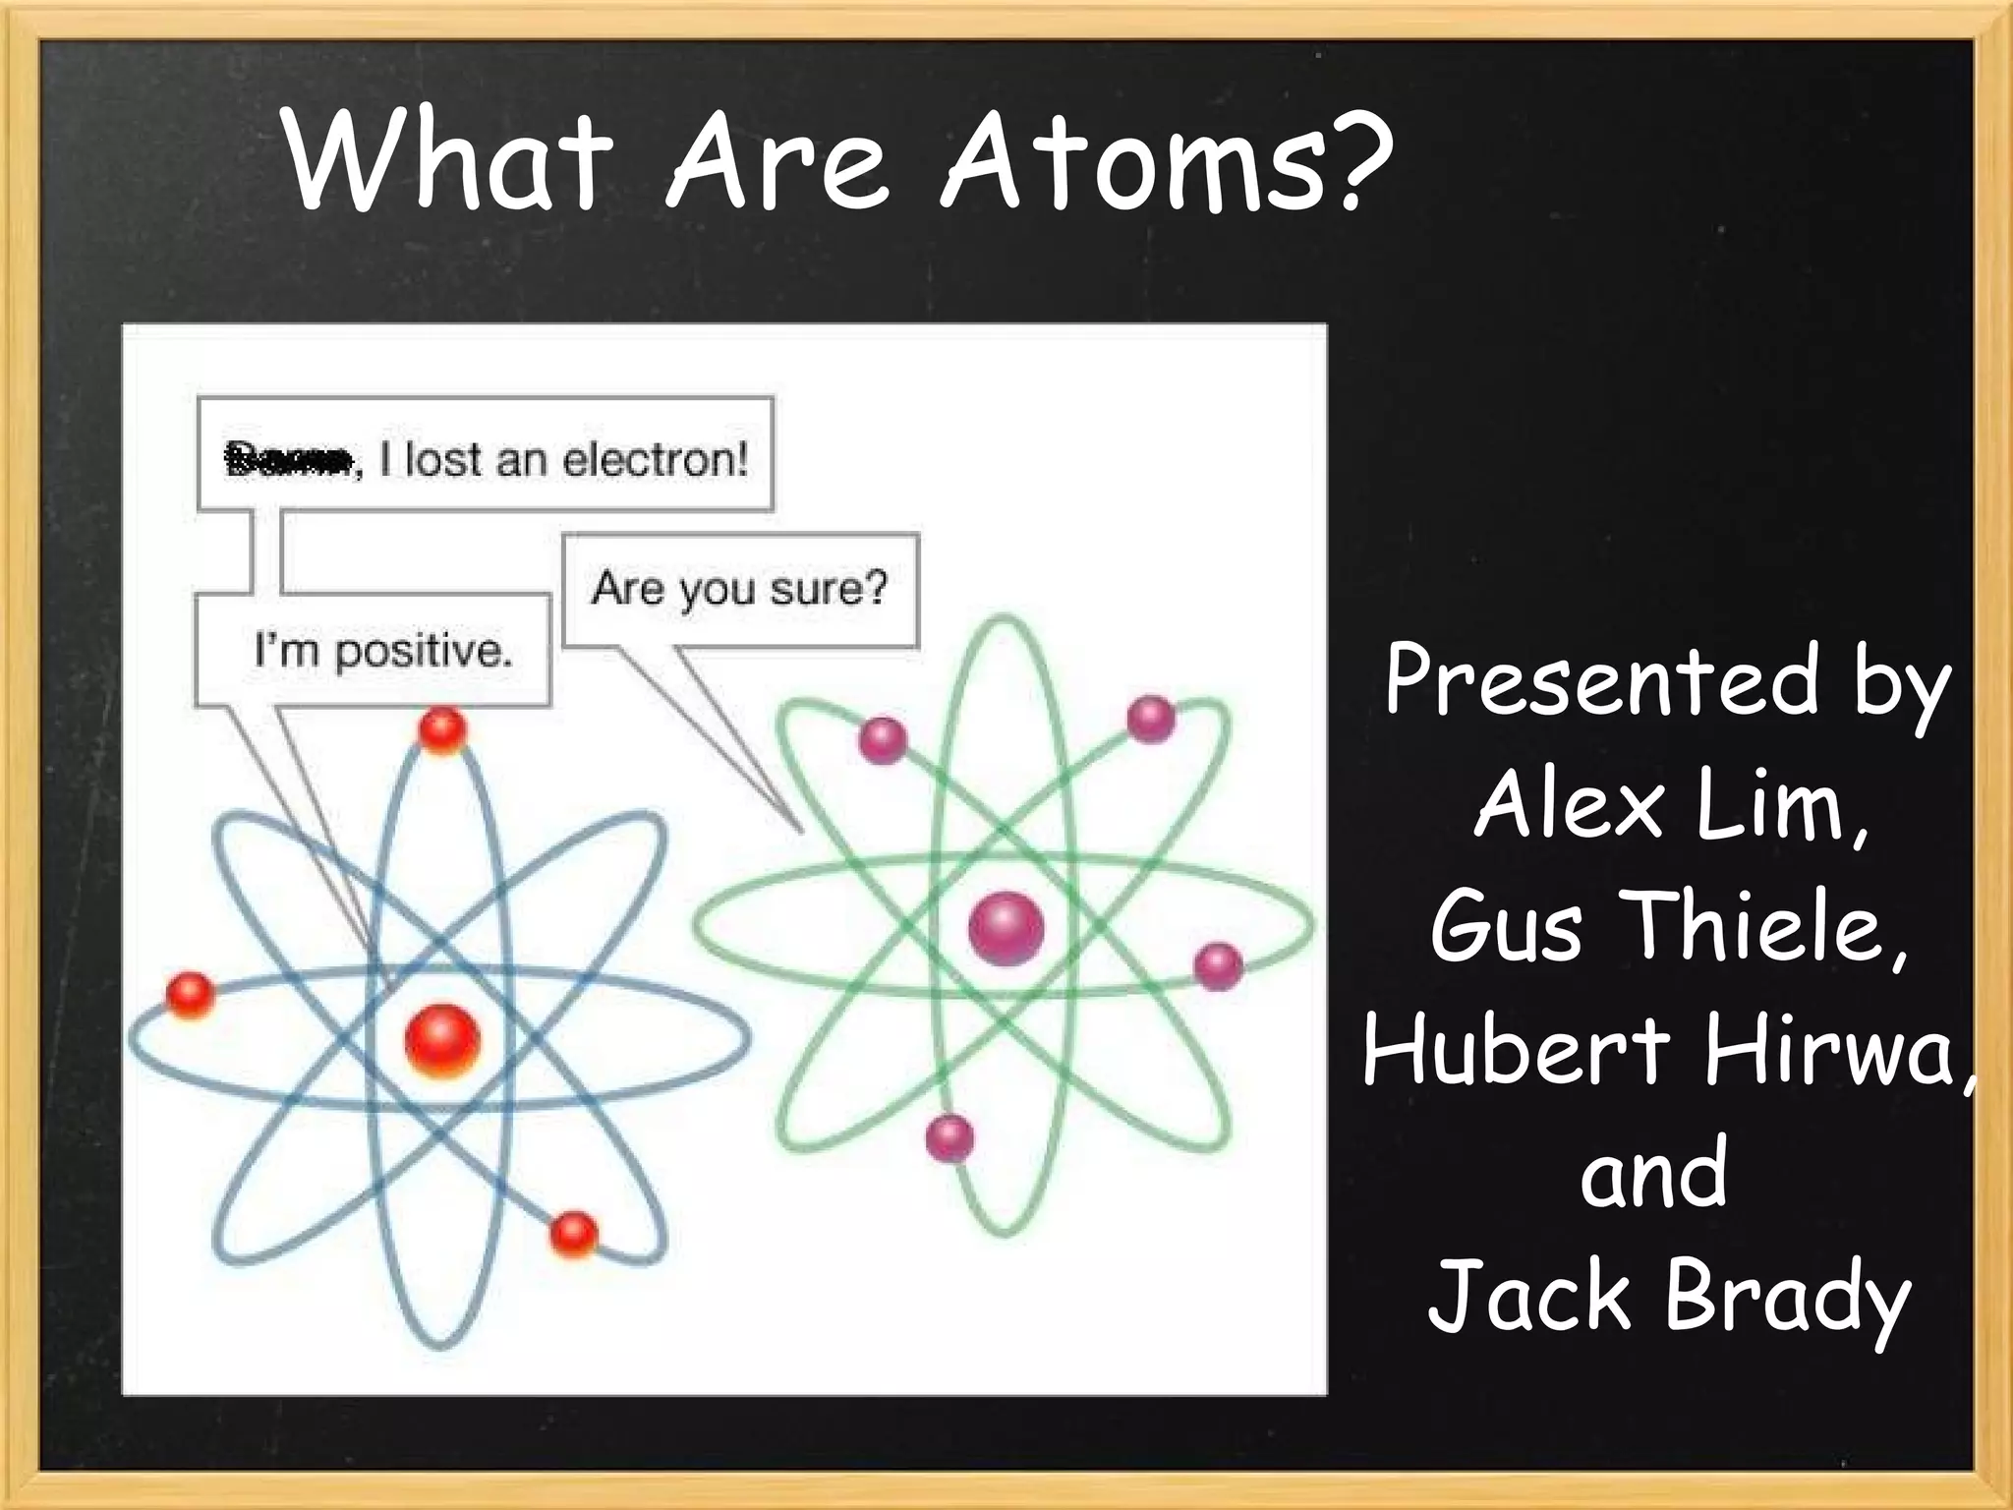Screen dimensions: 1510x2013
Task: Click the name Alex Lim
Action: point(1671,806)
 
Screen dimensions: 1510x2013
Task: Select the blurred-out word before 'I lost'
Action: point(288,459)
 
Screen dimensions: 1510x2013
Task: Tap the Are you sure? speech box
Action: point(739,589)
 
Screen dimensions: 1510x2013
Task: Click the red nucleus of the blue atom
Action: point(442,1040)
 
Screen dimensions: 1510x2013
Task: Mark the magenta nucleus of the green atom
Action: point(1006,927)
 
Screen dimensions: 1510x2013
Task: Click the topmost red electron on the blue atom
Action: point(441,728)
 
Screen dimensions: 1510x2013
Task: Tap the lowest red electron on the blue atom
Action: point(574,1233)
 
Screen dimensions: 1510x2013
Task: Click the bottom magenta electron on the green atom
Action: point(949,1137)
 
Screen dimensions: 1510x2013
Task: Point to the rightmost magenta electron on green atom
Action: point(1218,965)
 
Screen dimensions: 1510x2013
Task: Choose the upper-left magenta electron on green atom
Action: point(882,739)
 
